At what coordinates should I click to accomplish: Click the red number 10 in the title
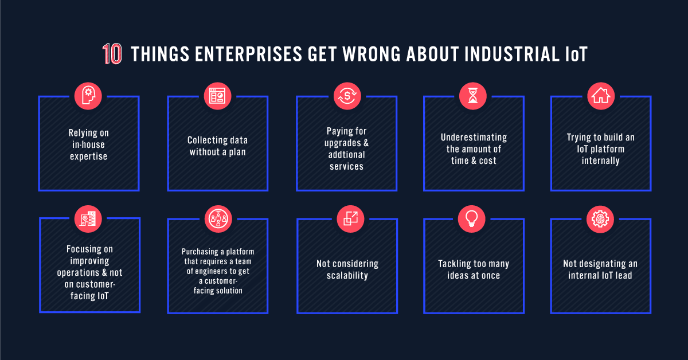tap(112, 54)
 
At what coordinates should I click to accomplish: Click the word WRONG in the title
tap(372, 54)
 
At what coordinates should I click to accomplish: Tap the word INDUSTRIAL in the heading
tap(512, 54)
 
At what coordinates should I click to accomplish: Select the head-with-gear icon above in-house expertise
tap(88, 96)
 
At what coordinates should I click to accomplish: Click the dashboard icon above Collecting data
tap(217, 96)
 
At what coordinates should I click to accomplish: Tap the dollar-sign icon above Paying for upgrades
tap(347, 96)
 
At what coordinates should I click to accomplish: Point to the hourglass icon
tap(472, 96)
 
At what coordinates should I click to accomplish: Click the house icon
tap(601, 96)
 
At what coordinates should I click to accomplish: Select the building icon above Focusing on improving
tap(88, 219)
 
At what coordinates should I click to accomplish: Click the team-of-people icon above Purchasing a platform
tap(218, 219)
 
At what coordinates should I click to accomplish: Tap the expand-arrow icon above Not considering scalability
tap(350, 219)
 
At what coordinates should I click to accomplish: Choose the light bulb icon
tap(471, 219)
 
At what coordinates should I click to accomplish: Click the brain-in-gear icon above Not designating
tap(600, 219)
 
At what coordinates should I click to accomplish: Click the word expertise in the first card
tap(88, 156)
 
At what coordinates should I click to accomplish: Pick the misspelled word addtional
tap(346, 155)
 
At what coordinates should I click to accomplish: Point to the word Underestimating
tap(474, 138)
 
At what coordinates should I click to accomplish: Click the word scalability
tap(347, 276)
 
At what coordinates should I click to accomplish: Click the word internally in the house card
tap(600, 161)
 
